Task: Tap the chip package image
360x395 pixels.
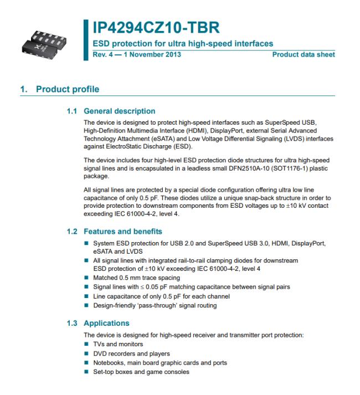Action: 47,41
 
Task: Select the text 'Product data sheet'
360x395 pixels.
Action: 304,54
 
